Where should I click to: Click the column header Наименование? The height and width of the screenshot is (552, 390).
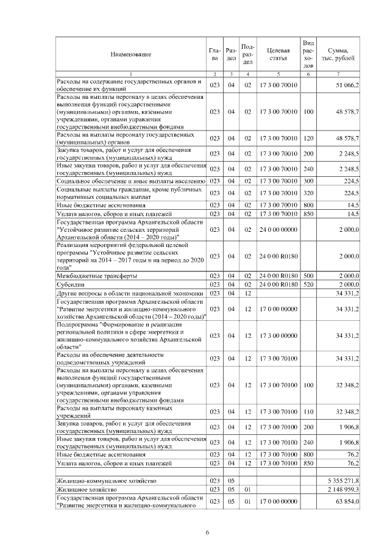[131, 55]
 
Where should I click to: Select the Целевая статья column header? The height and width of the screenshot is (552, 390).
[278, 55]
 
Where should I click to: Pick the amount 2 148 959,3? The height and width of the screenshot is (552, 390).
[343, 490]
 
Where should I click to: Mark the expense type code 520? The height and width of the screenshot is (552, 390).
[308, 284]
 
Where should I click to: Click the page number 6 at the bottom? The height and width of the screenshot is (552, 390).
[207, 534]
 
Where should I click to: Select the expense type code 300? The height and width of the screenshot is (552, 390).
[308, 181]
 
